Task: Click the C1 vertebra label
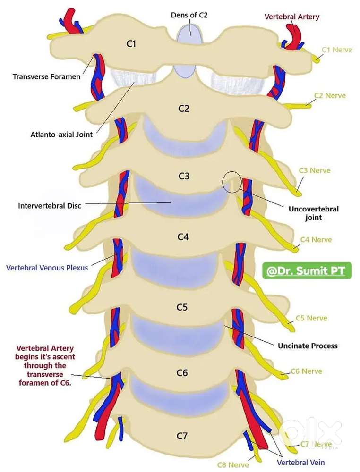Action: [x=131, y=44]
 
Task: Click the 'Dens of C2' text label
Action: [x=189, y=15]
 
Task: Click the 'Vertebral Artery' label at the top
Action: [x=291, y=17]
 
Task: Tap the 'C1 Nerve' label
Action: [x=337, y=49]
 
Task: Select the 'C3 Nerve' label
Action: [x=314, y=170]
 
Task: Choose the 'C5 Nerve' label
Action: [x=311, y=318]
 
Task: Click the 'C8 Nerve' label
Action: [x=233, y=465]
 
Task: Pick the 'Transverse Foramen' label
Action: [x=46, y=76]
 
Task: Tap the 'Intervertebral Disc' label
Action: [x=50, y=206]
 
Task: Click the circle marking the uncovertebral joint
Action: [x=232, y=182]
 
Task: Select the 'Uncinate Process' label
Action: [x=308, y=346]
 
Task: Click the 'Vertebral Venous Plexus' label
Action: [x=47, y=268]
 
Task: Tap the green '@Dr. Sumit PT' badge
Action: [x=307, y=272]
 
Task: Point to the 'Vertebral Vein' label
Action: [x=301, y=462]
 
